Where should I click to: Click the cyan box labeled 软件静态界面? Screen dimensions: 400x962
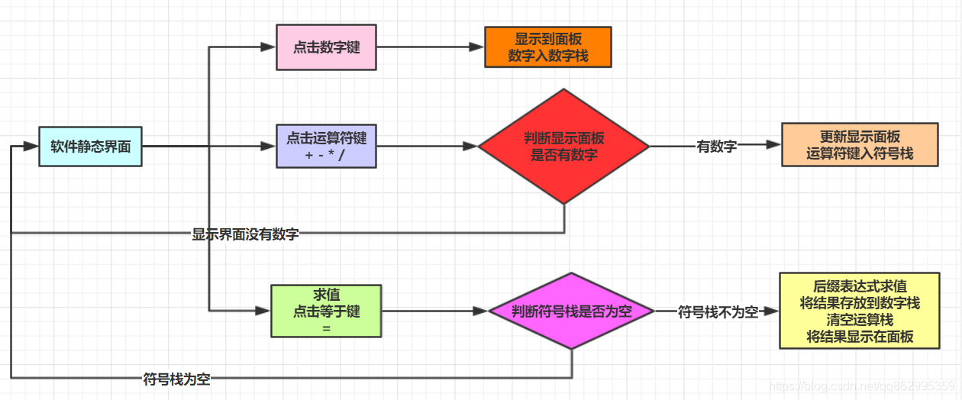91,147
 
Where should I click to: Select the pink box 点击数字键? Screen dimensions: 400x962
326,47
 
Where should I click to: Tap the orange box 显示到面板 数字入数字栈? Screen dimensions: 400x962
548,47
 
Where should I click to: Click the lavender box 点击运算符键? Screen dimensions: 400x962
326,147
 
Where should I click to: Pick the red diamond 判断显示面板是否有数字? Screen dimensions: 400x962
563,147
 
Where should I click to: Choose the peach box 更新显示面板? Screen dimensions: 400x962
860,145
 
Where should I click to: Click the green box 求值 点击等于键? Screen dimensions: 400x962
326,311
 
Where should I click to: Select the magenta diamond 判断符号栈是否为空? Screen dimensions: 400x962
571,311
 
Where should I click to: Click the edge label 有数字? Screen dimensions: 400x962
716,147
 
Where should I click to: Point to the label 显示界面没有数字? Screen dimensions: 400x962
245,234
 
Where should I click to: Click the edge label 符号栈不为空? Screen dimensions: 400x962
718,311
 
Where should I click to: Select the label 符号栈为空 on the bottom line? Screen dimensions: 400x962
176,379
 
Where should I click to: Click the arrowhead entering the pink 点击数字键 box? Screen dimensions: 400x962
268,47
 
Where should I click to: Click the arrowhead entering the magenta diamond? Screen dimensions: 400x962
480,311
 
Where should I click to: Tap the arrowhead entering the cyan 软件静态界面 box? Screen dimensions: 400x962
32,147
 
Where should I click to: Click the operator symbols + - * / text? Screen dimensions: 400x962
326,154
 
